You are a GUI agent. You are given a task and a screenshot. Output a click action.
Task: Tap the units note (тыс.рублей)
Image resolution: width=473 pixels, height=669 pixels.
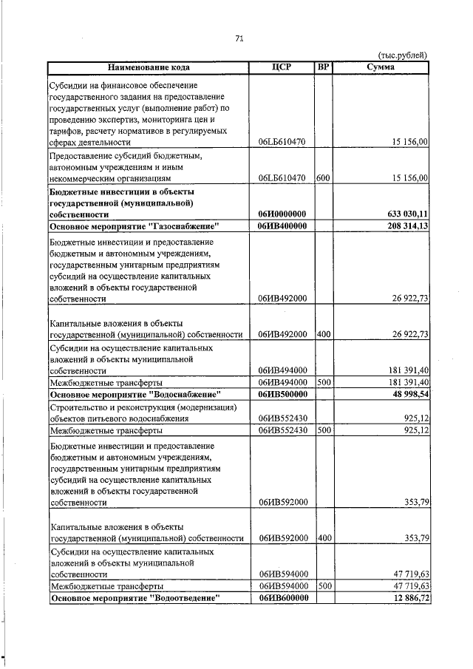(403, 55)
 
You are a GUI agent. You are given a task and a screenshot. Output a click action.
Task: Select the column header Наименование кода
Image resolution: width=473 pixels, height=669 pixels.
(146, 67)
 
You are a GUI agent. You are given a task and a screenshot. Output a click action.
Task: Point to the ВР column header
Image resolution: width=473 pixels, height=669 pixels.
(322, 67)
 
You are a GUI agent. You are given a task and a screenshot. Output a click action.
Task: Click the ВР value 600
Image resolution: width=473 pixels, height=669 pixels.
(322, 178)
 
